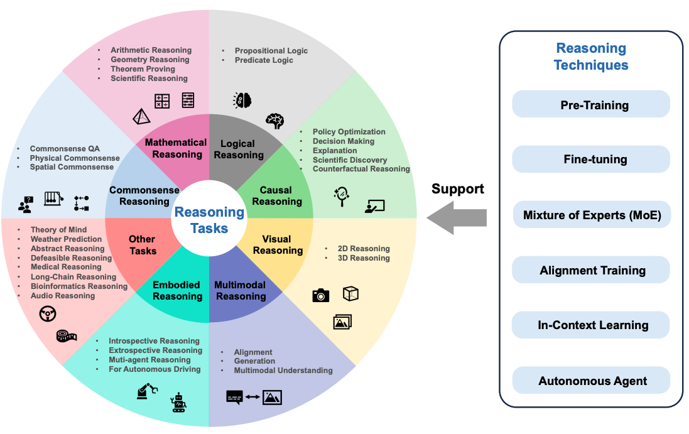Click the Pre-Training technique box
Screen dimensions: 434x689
(x=591, y=104)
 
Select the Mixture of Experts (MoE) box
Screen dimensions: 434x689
(x=591, y=215)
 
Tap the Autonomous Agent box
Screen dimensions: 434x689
(x=591, y=381)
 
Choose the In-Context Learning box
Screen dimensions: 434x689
(x=591, y=325)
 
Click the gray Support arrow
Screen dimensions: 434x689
(x=457, y=217)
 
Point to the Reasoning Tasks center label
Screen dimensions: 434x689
(x=209, y=220)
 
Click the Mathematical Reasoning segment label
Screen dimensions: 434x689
(x=176, y=148)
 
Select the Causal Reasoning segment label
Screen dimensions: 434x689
(x=276, y=196)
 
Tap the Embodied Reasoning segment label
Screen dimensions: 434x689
(x=178, y=290)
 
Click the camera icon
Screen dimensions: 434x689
(x=321, y=295)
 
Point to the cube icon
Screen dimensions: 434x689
(x=350, y=293)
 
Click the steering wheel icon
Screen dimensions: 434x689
(x=48, y=313)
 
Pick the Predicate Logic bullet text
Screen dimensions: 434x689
(x=264, y=60)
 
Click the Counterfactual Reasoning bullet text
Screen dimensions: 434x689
(x=361, y=169)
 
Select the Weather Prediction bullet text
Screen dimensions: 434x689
(x=66, y=239)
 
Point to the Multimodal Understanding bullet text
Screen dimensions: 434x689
(x=283, y=371)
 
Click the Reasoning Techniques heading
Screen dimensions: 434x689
(x=591, y=57)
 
